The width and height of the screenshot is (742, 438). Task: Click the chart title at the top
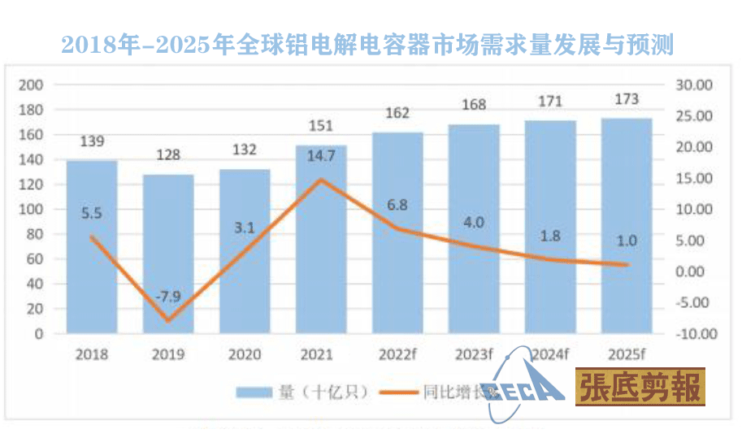click(367, 43)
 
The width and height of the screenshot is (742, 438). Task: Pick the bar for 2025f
click(627, 226)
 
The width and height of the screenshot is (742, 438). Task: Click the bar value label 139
click(92, 142)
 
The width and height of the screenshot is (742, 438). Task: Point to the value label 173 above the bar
click(627, 99)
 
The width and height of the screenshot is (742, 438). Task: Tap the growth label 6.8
click(398, 205)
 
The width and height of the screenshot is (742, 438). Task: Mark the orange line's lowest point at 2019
click(168, 320)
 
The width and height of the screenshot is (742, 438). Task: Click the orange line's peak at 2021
click(321, 180)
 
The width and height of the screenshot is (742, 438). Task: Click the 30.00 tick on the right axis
click(693, 85)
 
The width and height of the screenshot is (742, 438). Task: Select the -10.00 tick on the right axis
click(693, 334)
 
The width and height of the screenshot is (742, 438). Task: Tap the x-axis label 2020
click(245, 354)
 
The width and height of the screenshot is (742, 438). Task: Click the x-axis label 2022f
click(398, 354)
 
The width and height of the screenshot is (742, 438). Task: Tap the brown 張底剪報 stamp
click(640, 387)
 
